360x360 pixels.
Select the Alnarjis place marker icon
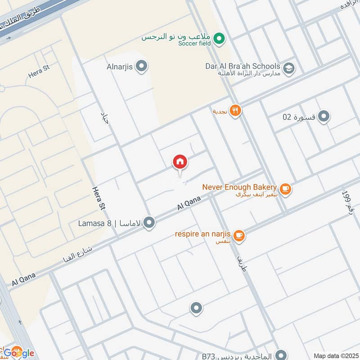click(142, 67)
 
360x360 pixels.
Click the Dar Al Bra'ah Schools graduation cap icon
click(289, 68)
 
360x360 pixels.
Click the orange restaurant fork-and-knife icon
click(235, 110)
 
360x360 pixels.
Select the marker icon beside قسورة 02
click(324, 117)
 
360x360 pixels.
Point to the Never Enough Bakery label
click(239, 187)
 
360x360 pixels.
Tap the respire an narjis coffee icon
click(239, 235)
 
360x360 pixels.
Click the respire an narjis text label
click(203, 234)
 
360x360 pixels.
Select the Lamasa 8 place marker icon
click(149, 222)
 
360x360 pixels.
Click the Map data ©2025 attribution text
click(336, 355)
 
